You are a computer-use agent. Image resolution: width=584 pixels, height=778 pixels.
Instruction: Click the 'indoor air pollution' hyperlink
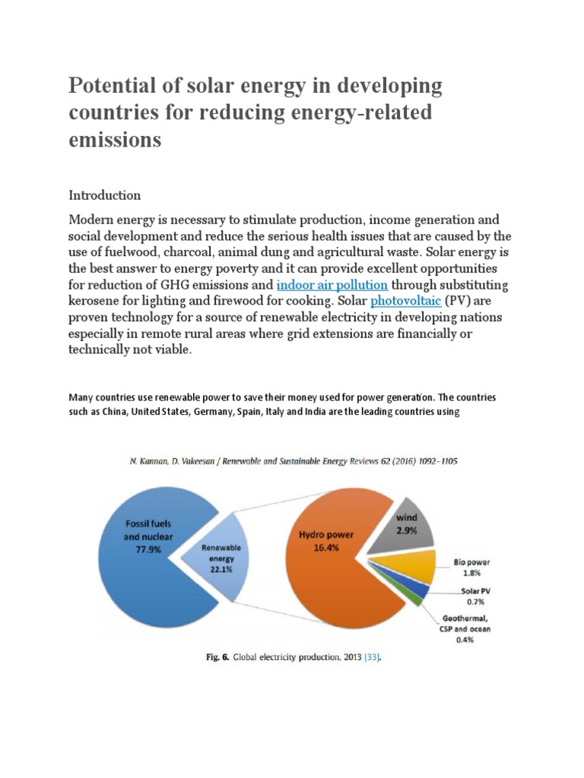(x=332, y=285)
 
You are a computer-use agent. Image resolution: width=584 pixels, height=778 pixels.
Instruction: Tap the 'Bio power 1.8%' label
(x=471, y=568)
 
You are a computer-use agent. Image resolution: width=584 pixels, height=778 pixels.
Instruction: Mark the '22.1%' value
(x=221, y=569)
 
